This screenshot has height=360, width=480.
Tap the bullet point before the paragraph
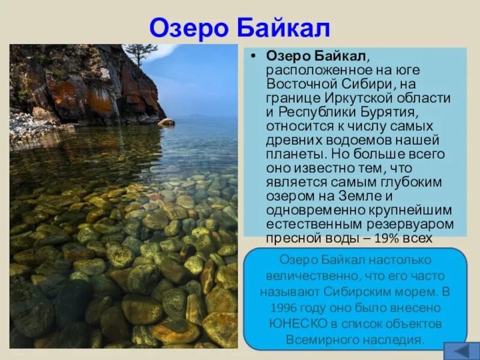click(253, 56)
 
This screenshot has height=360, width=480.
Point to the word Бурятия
click(388, 112)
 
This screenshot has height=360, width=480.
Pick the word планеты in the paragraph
click(296, 154)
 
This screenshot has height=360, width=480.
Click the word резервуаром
click(410, 224)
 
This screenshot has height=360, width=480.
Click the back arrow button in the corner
click(461, 351)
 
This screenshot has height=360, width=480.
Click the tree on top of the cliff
click(139, 53)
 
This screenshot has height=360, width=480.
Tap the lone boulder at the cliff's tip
click(166, 122)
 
